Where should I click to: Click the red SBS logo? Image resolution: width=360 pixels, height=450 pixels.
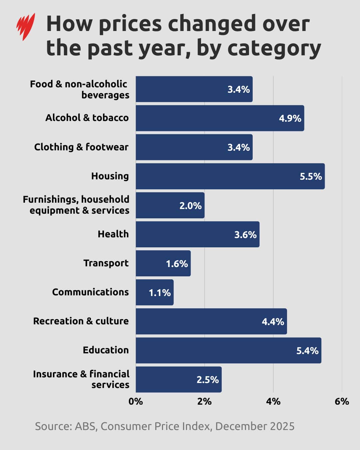(x=26, y=26)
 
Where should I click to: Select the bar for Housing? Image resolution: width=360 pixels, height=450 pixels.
(x=230, y=176)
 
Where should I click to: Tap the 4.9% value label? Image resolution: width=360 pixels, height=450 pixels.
(x=290, y=119)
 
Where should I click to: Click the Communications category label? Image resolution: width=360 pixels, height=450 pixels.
(x=90, y=292)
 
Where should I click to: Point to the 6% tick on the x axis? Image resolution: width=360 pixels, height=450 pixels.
(x=342, y=401)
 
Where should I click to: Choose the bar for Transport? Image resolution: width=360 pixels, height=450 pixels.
(x=163, y=263)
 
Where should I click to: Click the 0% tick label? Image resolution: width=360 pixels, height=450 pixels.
(x=136, y=401)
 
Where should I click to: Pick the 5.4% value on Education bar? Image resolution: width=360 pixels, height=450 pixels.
(x=307, y=351)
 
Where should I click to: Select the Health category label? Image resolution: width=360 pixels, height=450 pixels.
(x=113, y=234)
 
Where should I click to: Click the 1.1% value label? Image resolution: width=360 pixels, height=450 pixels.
(x=159, y=293)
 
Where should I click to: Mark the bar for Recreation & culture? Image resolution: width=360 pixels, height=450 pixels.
(x=211, y=321)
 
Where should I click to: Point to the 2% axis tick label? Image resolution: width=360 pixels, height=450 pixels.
(x=204, y=401)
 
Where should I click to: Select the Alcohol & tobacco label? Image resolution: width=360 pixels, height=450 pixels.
(x=87, y=118)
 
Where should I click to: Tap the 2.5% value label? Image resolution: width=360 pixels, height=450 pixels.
(x=207, y=380)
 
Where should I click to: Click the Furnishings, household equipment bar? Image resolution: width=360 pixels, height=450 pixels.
(x=170, y=205)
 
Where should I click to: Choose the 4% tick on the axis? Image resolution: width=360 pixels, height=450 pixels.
(x=273, y=401)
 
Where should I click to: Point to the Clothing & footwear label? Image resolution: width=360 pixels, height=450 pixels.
(x=81, y=147)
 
